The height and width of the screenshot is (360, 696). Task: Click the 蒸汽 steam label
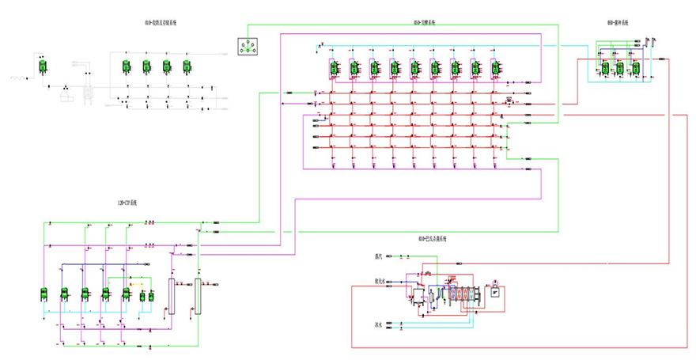(379, 256)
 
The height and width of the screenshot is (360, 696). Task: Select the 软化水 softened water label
(380, 281)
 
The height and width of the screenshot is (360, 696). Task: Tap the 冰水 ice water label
(379, 324)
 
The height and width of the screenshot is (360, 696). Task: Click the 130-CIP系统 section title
(127, 204)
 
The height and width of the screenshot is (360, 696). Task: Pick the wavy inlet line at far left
(19, 78)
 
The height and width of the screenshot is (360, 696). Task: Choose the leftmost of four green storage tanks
(126, 67)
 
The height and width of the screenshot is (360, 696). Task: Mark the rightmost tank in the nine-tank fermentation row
(495, 69)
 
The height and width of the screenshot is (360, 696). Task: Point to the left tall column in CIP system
(172, 297)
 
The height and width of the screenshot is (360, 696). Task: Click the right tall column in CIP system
(198, 297)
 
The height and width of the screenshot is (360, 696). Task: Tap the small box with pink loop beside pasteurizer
(495, 290)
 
